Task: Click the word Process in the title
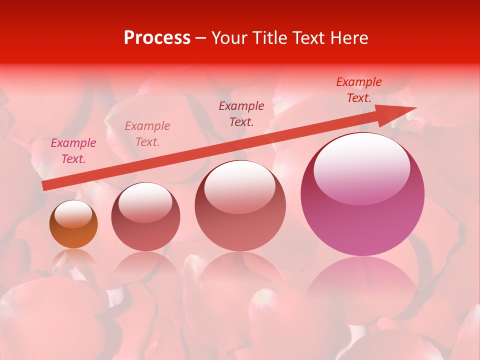coord(157,38)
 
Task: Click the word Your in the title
coord(229,38)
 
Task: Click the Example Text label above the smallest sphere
coord(73,151)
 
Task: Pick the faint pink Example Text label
coord(147,134)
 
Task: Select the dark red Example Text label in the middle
coord(241,113)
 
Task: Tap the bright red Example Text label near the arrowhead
coord(359,90)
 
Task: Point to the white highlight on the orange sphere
coord(73,213)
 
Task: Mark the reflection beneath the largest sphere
coord(362,285)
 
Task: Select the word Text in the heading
coord(308,38)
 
